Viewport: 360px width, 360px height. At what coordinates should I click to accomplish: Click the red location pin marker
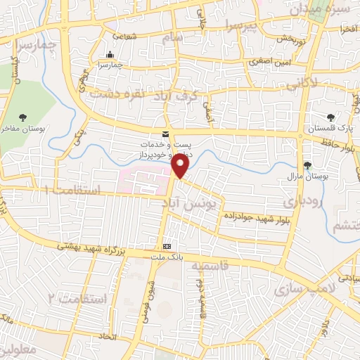pos(181,166)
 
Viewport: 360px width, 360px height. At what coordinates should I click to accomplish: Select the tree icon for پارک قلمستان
pos(331,118)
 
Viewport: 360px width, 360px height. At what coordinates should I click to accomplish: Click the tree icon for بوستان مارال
pos(307,165)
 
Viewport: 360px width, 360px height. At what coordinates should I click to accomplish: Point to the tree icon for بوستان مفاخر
pos(25,118)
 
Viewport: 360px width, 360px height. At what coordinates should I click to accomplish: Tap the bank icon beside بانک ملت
pos(167,247)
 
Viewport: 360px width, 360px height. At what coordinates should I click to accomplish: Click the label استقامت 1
pos(73,191)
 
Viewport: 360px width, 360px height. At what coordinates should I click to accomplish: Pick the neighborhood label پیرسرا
pos(242,27)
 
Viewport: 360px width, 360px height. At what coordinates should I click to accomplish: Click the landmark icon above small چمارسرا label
pos(110,56)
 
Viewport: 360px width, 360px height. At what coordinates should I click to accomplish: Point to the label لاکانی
pos(301,83)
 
